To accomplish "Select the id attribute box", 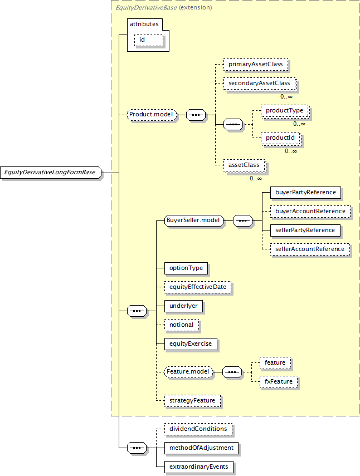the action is tap(149, 40).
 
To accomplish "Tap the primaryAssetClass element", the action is tap(256, 65).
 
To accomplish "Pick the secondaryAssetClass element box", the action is tap(260, 84).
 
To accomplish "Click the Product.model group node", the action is tap(152, 115).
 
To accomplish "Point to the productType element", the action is tap(285, 111).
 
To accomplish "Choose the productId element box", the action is tap(281, 138).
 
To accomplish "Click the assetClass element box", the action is tap(245, 165).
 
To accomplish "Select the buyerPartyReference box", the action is tap(305, 193).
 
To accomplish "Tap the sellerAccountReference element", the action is tap(310, 249).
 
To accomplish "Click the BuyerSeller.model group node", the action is tap(194, 220).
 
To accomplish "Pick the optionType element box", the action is tap(186, 268).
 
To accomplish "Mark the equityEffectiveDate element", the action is tap(198, 287).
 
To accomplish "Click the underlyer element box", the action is tap(183, 306).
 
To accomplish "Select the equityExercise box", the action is tap(191, 344).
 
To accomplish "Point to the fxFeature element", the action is tap(279, 382).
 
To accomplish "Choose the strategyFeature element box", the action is tap(192, 401).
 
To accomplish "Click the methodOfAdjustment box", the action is tap(201, 448).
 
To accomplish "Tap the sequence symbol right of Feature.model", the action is tap(232, 372).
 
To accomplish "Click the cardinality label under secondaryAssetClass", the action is tap(286, 96).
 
